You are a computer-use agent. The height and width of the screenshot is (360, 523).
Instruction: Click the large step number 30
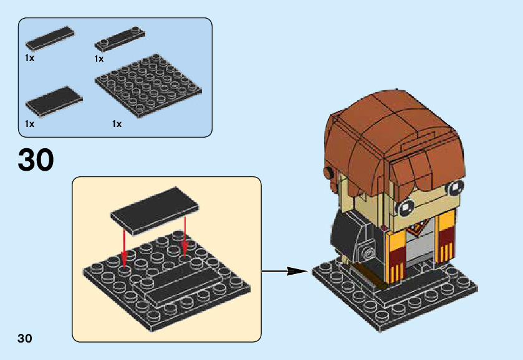pyautogui.click(x=36, y=159)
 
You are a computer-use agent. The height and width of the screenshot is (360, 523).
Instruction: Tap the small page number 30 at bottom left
pyautogui.click(x=25, y=339)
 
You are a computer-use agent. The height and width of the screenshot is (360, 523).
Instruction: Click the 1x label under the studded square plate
pyautogui.click(x=117, y=124)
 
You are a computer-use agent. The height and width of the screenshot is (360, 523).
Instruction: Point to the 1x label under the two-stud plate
pyautogui.click(x=99, y=59)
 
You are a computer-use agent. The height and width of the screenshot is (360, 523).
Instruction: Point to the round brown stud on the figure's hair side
pyautogui.click(x=327, y=172)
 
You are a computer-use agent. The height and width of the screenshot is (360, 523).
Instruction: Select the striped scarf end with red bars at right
pyautogui.click(x=447, y=236)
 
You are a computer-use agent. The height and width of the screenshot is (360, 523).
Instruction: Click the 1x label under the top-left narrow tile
pyautogui.click(x=29, y=58)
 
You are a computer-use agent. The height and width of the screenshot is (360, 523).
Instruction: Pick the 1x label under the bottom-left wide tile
pyautogui.click(x=29, y=124)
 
